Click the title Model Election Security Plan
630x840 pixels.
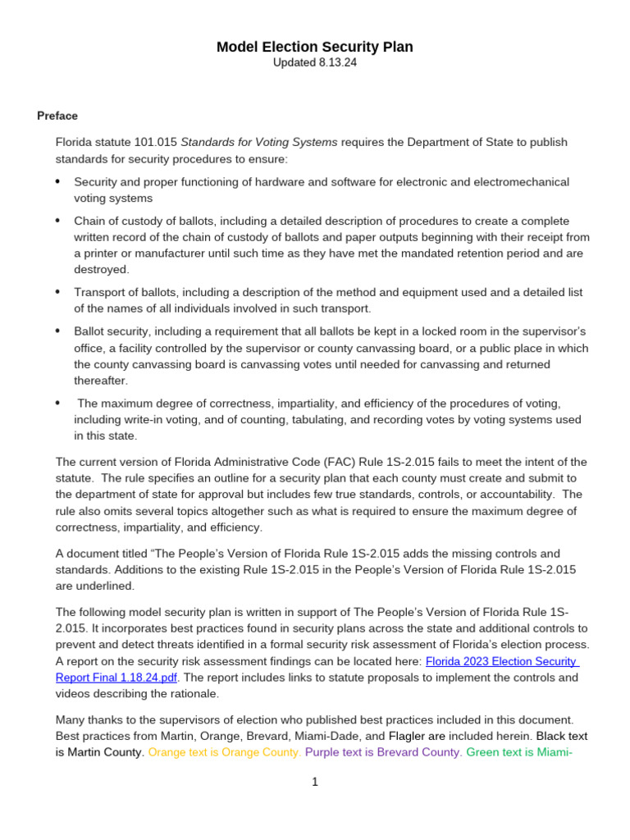(314, 48)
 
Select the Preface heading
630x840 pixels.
(57, 116)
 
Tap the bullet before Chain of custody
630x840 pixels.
(57, 221)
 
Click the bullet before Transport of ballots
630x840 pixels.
(57, 292)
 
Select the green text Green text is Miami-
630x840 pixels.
(520, 752)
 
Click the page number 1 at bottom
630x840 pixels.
(314, 782)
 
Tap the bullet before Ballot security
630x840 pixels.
(57, 331)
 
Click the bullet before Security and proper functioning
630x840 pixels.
(57, 181)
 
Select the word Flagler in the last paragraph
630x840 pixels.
(407, 736)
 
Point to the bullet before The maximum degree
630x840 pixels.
(57, 403)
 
